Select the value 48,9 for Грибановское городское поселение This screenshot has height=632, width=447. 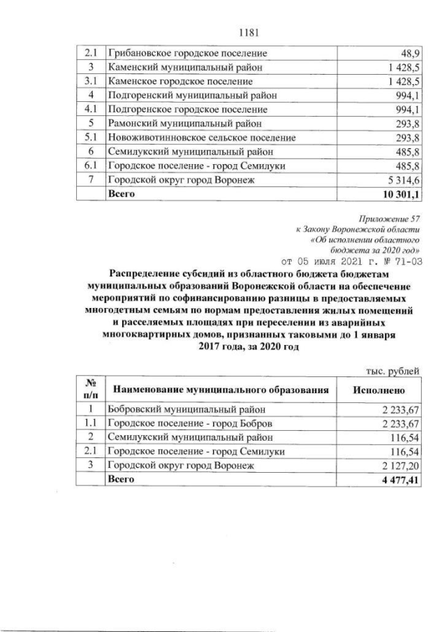coord(409,53)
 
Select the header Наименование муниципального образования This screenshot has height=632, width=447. coord(219,390)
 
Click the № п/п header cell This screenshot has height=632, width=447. coord(90,390)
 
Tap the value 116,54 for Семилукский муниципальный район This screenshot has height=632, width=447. coord(406,438)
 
